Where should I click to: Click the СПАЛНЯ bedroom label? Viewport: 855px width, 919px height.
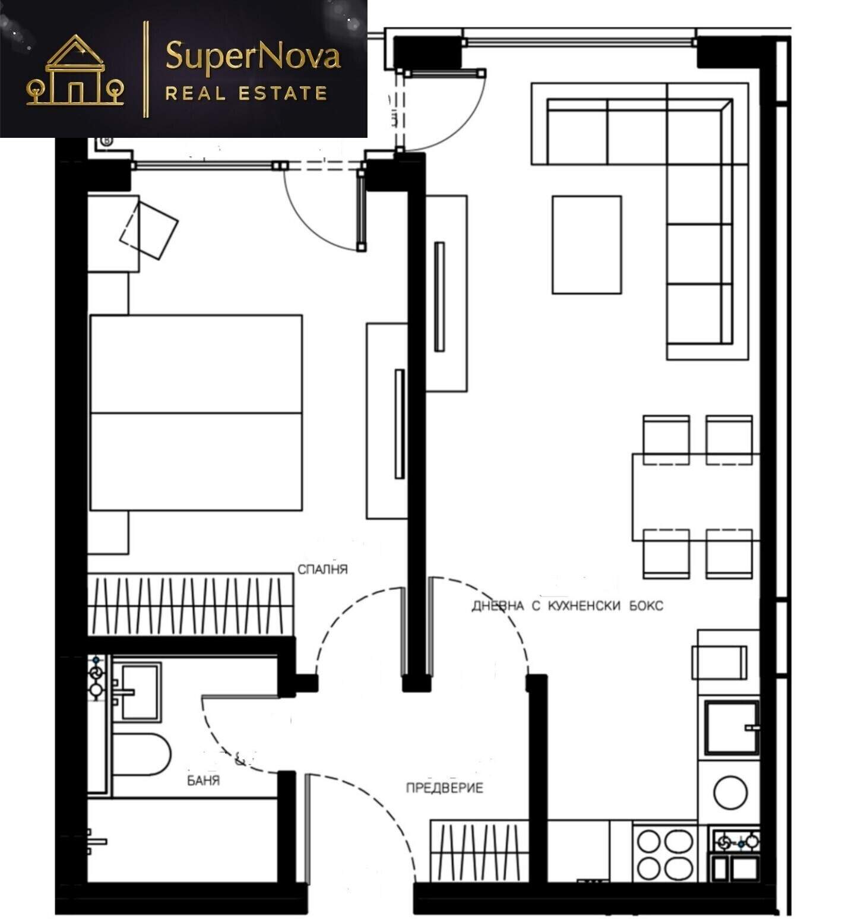[322, 569]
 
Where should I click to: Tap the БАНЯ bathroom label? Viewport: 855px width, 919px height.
[204, 780]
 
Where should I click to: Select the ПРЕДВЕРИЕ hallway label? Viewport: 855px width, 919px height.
[445, 788]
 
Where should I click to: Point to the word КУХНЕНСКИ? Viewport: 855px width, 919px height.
[585, 606]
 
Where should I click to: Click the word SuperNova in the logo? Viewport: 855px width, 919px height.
[253, 56]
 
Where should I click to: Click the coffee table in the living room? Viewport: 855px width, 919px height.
[587, 245]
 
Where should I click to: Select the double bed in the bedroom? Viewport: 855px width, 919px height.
[196, 413]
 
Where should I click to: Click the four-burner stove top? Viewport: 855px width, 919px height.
[665, 854]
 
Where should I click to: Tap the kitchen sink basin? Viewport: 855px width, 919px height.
[731, 727]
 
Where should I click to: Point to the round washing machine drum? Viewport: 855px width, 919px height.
[730, 792]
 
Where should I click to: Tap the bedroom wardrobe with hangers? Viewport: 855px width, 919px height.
[191, 605]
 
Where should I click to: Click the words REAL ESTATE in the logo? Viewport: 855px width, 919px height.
[246, 93]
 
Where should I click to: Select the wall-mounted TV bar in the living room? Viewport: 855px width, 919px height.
[439, 296]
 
